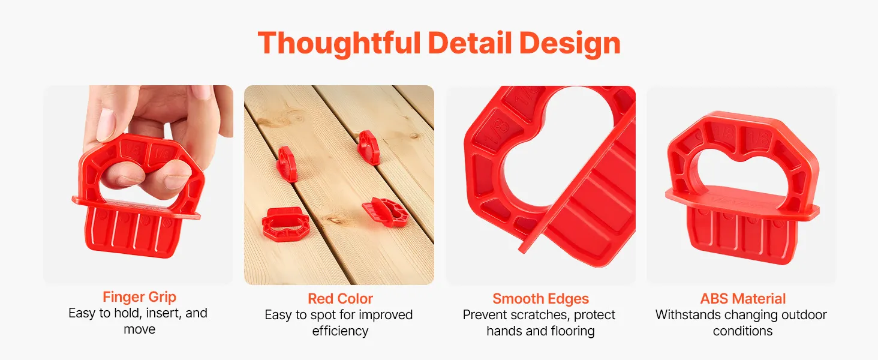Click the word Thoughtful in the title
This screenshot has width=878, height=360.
tap(339, 43)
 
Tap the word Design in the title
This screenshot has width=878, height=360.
tap(570, 44)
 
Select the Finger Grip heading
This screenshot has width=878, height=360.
tap(140, 297)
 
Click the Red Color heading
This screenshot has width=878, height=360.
tap(340, 298)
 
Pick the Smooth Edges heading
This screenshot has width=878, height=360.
tap(540, 299)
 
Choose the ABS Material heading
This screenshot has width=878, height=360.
tap(743, 298)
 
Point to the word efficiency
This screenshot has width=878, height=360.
tap(340, 331)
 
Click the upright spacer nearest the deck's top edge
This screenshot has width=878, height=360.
tap(368, 147)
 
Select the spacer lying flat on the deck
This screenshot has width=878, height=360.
tap(285, 224)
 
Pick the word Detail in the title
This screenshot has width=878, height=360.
tap(470, 43)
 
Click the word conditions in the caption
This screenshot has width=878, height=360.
tap(743, 331)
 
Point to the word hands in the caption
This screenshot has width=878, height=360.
tap(504, 331)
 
